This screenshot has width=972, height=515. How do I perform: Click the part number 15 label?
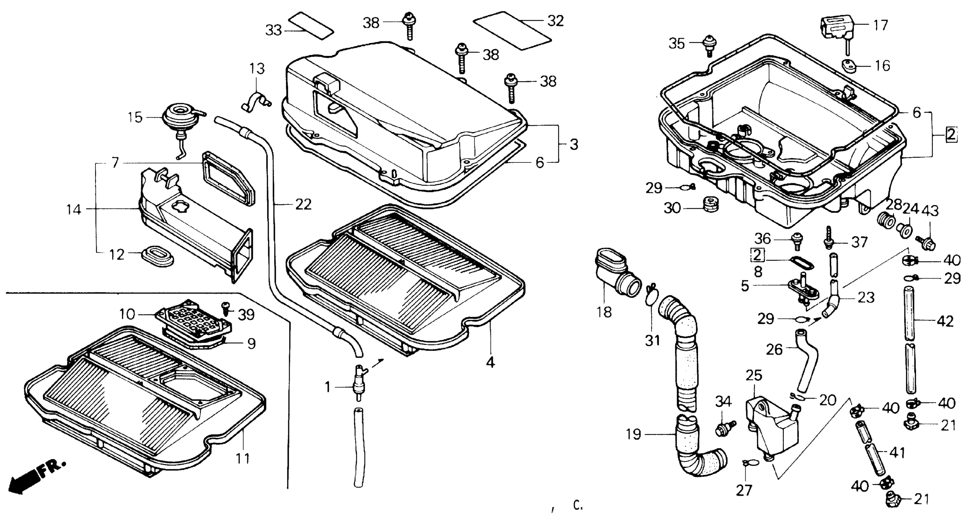tap(135, 117)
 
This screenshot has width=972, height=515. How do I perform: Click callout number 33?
tap(273, 30)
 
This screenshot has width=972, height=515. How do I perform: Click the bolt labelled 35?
tap(710, 44)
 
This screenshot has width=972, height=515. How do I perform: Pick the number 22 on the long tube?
tap(303, 204)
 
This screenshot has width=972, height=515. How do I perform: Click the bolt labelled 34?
tap(724, 428)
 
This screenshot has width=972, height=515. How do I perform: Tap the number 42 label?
tap(944, 321)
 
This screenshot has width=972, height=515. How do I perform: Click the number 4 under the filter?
tap(490, 362)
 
